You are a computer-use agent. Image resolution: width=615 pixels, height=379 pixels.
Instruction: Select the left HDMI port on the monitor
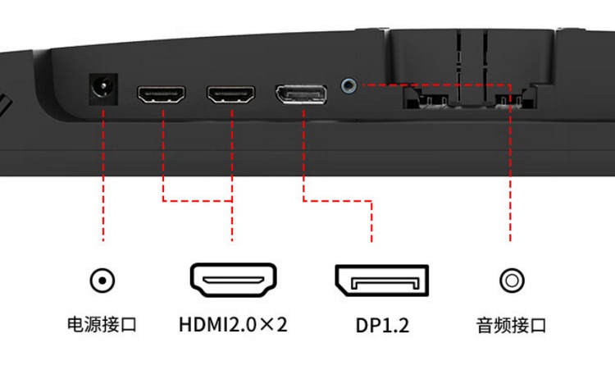(162, 94)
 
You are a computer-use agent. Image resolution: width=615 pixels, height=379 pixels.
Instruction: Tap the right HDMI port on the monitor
(231, 94)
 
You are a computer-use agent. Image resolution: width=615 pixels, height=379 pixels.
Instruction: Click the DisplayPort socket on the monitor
(301, 94)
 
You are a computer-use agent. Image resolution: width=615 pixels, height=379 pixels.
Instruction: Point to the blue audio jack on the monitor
(348, 84)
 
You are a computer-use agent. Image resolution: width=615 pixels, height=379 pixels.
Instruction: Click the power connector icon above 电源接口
(102, 281)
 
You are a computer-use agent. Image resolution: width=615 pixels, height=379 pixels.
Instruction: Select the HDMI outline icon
(234, 280)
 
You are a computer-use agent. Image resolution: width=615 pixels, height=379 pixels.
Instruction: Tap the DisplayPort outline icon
(381, 281)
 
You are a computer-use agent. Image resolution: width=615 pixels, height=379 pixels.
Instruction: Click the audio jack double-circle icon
(512, 281)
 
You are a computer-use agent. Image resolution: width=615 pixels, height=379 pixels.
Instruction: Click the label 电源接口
(102, 325)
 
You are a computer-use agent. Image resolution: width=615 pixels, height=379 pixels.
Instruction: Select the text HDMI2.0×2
(233, 325)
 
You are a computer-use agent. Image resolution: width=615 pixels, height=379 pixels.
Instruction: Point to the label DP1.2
(382, 326)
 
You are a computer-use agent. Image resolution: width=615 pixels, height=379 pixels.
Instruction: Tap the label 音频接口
(511, 326)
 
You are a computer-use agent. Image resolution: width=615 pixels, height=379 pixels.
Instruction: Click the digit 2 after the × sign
(281, 325)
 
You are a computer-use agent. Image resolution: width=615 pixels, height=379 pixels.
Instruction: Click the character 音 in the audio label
(485, 326)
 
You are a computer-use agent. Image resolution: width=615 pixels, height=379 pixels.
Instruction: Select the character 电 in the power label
(75, 325)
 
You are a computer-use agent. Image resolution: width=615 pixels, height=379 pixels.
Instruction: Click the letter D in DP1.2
(362, 326)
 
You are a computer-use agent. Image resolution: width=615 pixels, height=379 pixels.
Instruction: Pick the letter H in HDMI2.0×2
(186, 325)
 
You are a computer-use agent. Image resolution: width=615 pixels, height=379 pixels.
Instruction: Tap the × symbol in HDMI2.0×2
(266, 325)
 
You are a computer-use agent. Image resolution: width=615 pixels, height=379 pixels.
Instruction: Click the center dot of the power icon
(102, 281)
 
